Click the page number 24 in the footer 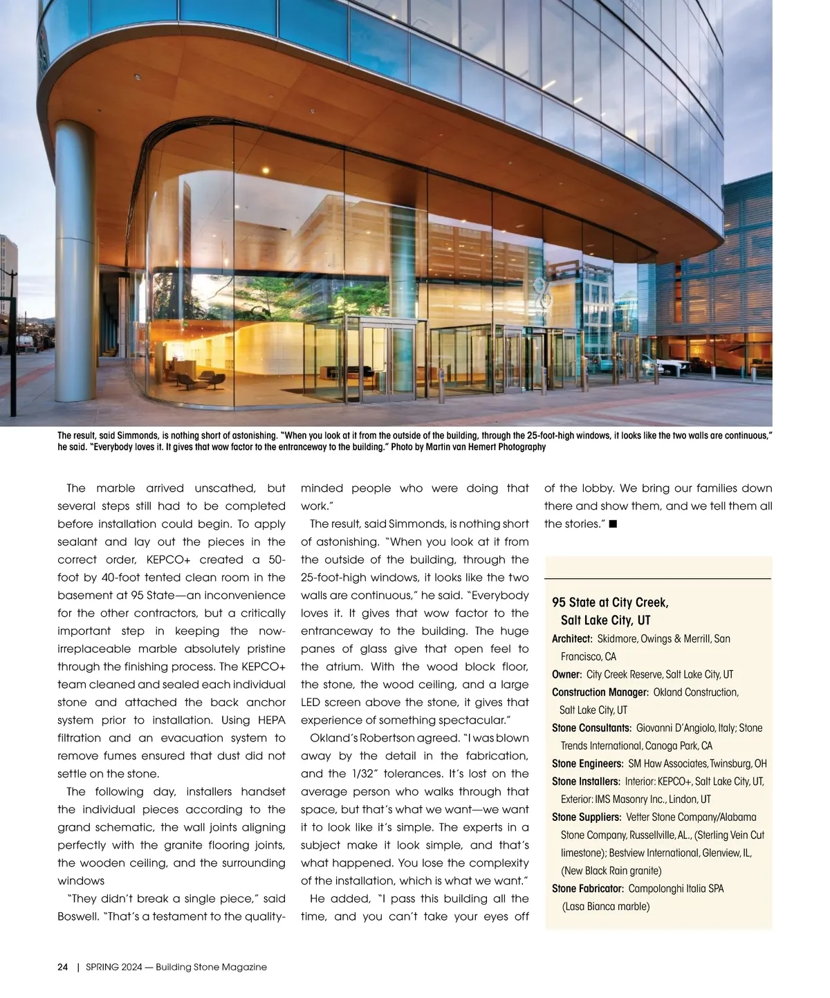click(x=62, y=967)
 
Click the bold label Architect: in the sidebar click(x=572, y=638)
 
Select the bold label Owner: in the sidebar click(x=566, y=674)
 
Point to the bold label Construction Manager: click(x=600, y=692)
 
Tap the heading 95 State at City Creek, click(x=610, y=602)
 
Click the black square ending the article click(x=613, y=524)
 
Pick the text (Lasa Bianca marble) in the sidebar click(x=605, y=907)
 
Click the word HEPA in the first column click(x=270, y=721)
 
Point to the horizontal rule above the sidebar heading click(x=658, y=578)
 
